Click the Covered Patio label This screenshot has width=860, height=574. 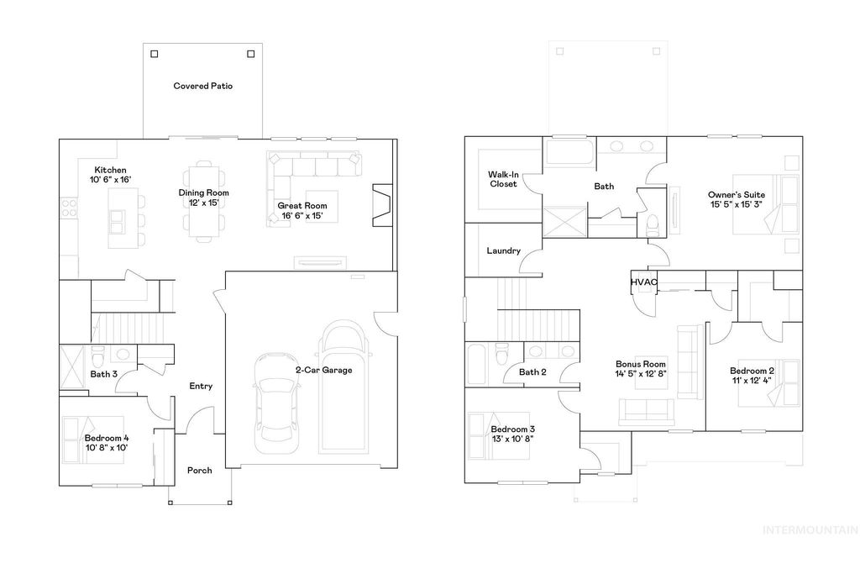coord(202,86)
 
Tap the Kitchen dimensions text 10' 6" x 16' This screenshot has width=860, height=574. coord(110,180)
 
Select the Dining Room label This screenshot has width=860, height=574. coord(203,192)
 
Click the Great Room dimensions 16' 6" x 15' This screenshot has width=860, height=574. coord(302,215)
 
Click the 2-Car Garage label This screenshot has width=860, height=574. coord(323,370)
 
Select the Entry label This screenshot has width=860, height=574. coord(201,387)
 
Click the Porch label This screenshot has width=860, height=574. coord(199,470)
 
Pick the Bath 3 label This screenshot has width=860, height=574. coord(103,374)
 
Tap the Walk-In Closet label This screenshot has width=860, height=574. coord(503,179)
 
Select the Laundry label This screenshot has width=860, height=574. coord(503,250)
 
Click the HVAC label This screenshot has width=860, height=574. coord(644,282)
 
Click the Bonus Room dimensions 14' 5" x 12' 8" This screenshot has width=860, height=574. coord(641,374)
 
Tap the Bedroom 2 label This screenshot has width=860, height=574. coord(752,371)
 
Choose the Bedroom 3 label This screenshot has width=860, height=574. coord(512,430)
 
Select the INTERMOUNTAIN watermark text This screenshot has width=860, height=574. coord(809,530)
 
